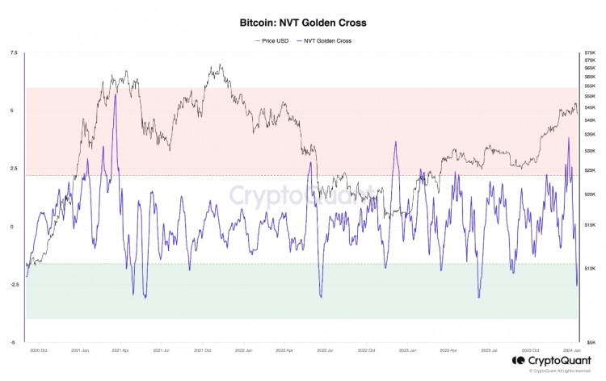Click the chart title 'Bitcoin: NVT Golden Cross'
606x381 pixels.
[303, 24]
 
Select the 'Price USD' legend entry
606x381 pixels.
[271, 40]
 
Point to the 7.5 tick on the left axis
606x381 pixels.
[12, 53]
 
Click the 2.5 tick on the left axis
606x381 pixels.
[12, 169]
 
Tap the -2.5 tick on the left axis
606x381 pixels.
[11, 284]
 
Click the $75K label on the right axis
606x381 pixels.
[589, 53]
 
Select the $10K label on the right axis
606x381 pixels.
[589, 268]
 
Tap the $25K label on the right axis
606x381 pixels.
[589, 170]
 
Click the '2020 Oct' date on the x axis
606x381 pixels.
[38, 350]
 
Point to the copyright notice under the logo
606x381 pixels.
[557, 371]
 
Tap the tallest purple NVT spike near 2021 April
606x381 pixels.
[116, 94]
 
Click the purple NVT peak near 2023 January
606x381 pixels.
[396, 142]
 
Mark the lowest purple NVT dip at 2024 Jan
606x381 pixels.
[577, 285]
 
